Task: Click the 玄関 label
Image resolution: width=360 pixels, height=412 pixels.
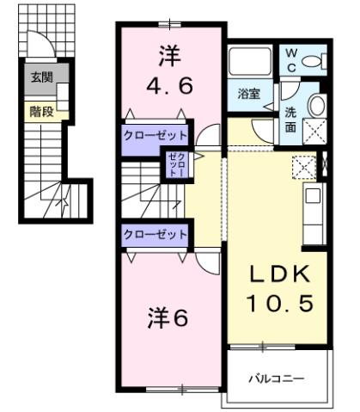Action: point(40,77)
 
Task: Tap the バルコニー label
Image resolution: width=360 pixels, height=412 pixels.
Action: point(276,377)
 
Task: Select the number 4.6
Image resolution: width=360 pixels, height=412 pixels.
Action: point(168,85)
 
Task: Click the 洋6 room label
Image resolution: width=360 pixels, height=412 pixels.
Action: point(169,317)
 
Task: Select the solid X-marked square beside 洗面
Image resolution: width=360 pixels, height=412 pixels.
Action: point(314,132)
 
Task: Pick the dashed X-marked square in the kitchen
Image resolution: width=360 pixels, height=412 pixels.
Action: point(304,165)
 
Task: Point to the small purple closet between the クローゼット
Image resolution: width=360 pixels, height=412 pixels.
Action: point(175,164)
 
